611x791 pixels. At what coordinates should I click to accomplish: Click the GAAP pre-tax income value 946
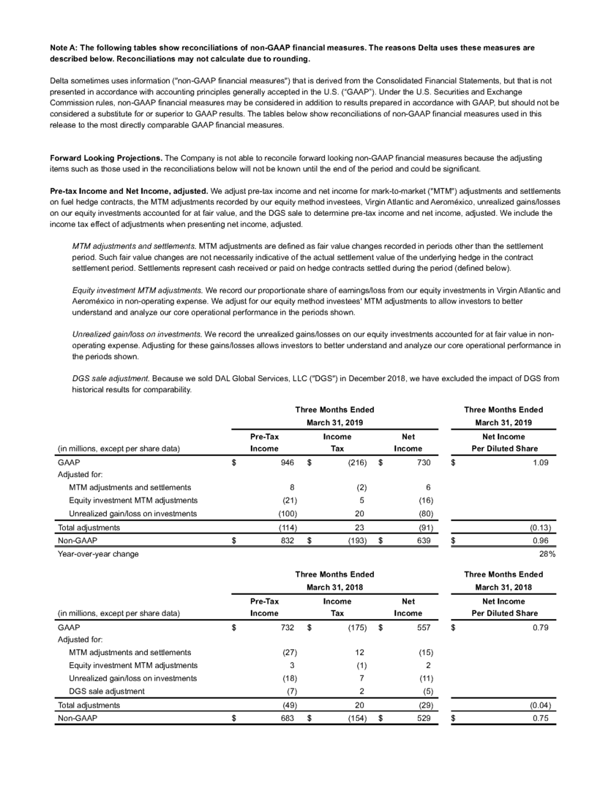(x=288, y=462)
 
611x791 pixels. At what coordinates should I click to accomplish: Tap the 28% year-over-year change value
(x=547, y=555)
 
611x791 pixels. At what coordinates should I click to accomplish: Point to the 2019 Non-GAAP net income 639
(x=431, y=541)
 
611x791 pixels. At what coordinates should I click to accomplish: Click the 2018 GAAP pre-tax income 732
(x=288, y=627)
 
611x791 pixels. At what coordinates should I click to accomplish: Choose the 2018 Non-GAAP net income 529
(x=431, y=719)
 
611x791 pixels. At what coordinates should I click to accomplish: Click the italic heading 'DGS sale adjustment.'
(x=110, y=378)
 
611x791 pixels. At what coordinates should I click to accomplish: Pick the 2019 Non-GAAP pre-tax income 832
(x=288, y=541)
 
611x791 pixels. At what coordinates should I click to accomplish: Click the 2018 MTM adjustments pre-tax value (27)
(x=287, y=651)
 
